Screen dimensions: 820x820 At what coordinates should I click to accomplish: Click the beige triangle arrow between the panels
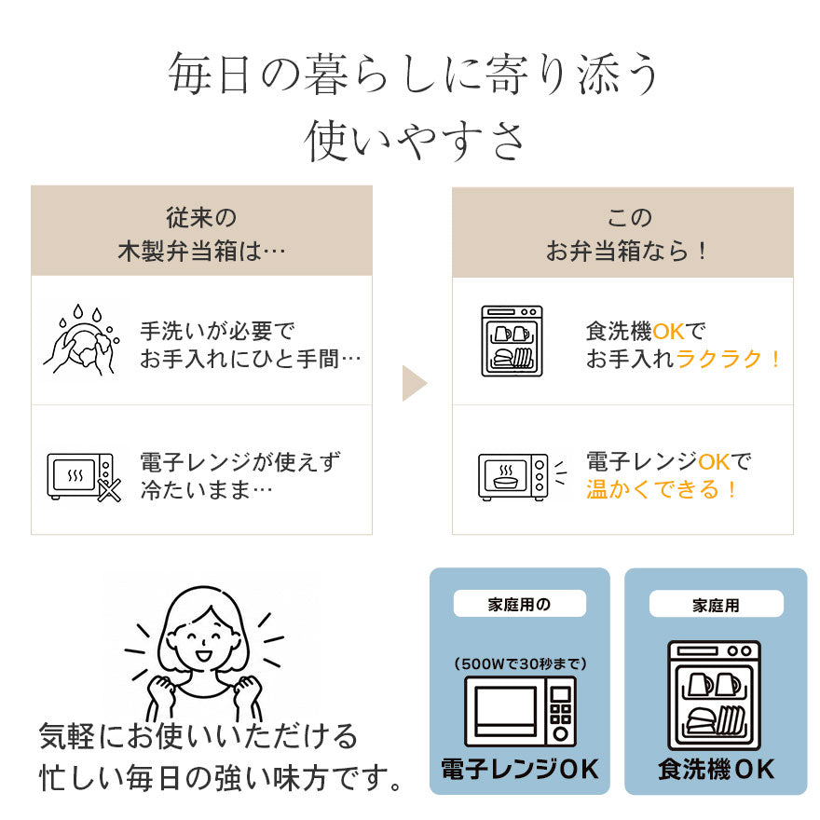(413, 383)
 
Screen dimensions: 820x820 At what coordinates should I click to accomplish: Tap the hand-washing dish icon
(81, 340)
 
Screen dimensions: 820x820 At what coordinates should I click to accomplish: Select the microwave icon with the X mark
(84, 477)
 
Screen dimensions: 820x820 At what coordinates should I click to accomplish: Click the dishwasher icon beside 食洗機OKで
(512, 341)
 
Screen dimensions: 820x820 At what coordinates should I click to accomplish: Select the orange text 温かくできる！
(662, 489)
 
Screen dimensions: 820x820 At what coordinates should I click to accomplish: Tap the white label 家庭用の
(519, 604)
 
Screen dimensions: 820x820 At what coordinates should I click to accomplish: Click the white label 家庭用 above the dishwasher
(716, 605)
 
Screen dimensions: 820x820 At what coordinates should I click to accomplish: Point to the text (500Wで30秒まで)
(520, 663)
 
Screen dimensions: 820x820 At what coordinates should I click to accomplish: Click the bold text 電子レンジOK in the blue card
(520, 769)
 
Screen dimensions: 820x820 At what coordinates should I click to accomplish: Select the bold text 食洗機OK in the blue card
(716, 769)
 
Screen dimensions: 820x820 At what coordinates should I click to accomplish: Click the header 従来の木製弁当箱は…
(201, 234)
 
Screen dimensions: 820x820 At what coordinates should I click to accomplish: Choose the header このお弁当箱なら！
(626, 234)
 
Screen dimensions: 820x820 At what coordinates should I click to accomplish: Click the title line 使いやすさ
(414, 140)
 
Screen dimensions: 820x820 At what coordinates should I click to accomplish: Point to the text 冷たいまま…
(207, 490)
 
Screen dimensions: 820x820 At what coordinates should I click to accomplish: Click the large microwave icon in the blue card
(520, 712)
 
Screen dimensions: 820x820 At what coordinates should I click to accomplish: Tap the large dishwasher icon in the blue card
(715, 695)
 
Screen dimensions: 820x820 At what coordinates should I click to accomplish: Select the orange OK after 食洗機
(668, 332)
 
